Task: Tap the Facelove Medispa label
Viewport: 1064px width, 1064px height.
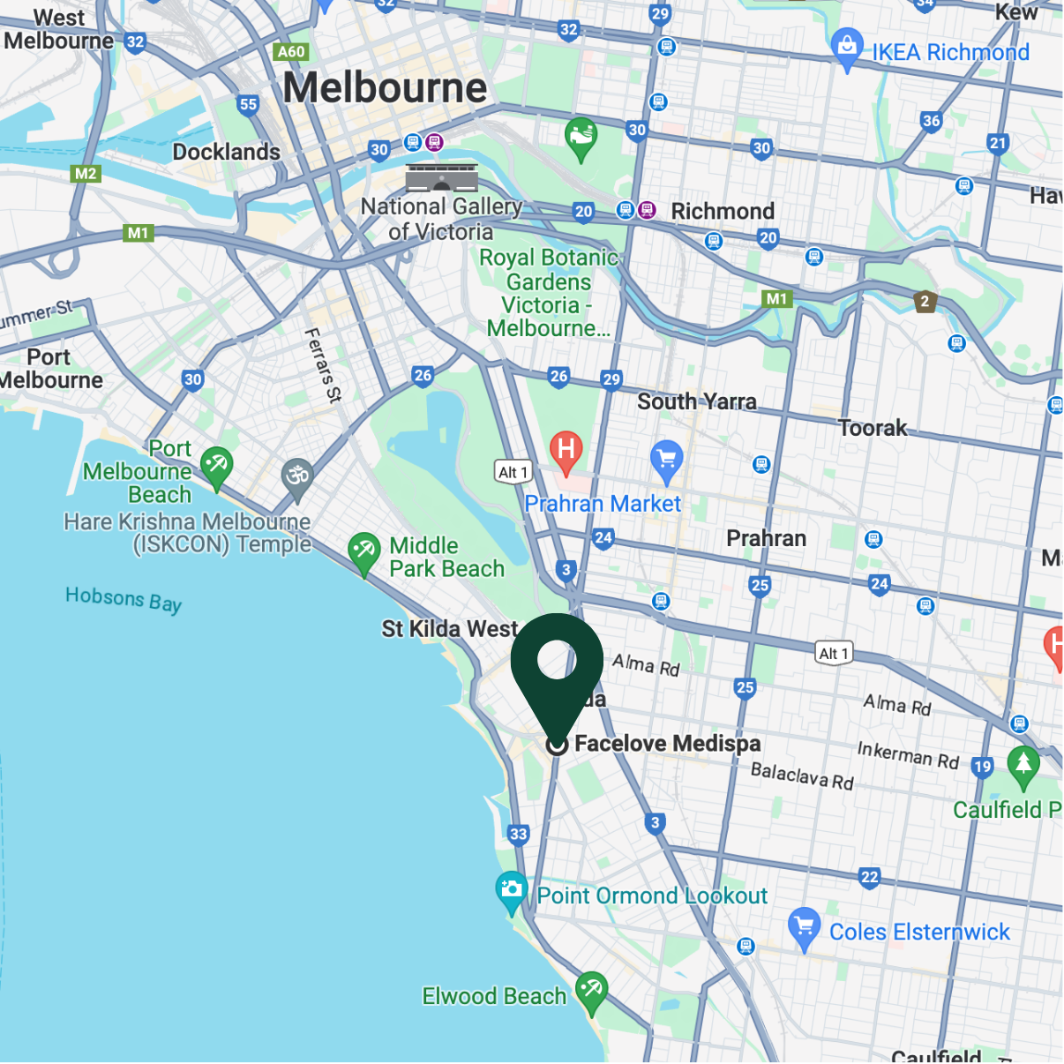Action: point(667,744)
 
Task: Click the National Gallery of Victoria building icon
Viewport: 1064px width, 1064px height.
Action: point(442,177)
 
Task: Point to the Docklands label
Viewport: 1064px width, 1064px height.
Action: point(226,152)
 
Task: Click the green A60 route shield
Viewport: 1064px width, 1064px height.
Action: point(290,51)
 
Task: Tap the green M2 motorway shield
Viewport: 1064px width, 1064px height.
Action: point(86,174)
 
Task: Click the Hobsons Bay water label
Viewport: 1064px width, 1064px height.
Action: point(124,599)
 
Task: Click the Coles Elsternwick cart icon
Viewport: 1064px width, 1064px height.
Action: point(804,926)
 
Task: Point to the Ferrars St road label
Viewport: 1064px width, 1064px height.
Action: point(323,365)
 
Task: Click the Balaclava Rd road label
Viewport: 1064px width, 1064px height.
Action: point(802,776)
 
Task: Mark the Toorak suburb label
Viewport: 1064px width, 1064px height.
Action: point(872,428)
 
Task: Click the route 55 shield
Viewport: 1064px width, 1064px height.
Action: point(249,104)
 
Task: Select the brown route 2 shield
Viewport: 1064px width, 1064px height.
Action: point(925,301)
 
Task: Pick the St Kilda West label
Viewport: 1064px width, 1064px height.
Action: point(449,629)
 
